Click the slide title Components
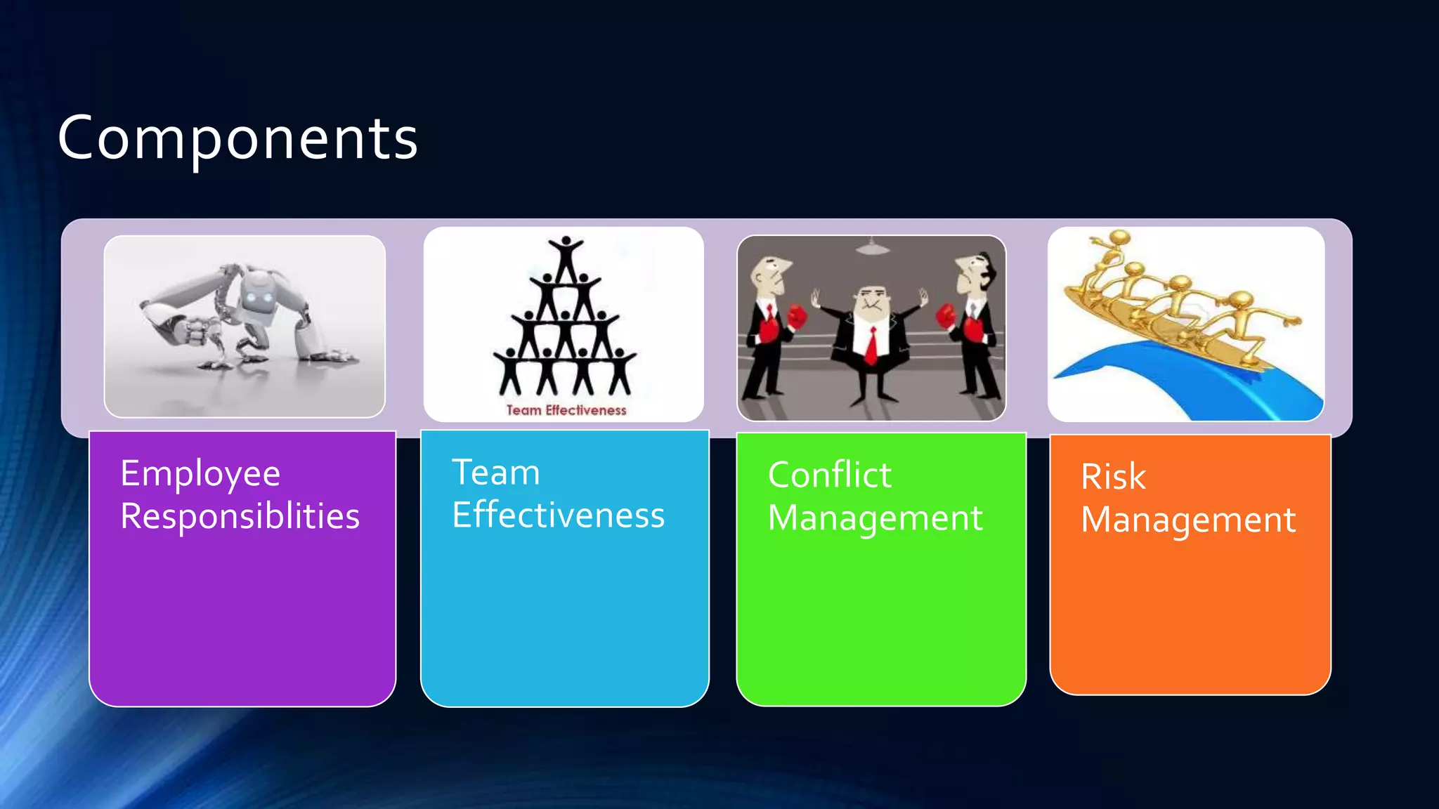coord(237,138)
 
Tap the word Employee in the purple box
coord(200,473)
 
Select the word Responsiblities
coord(240,516)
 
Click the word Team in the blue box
coord(495,472)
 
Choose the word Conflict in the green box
coord(829,475)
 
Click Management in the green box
coord(875,518)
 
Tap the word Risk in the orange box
coord(1113,477)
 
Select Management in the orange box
coord(1187,520)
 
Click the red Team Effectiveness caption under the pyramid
coord(566,410)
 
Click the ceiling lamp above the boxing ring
coord(871,247)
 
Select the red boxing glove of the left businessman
coord(797,317)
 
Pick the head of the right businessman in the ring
coord(973,272)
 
